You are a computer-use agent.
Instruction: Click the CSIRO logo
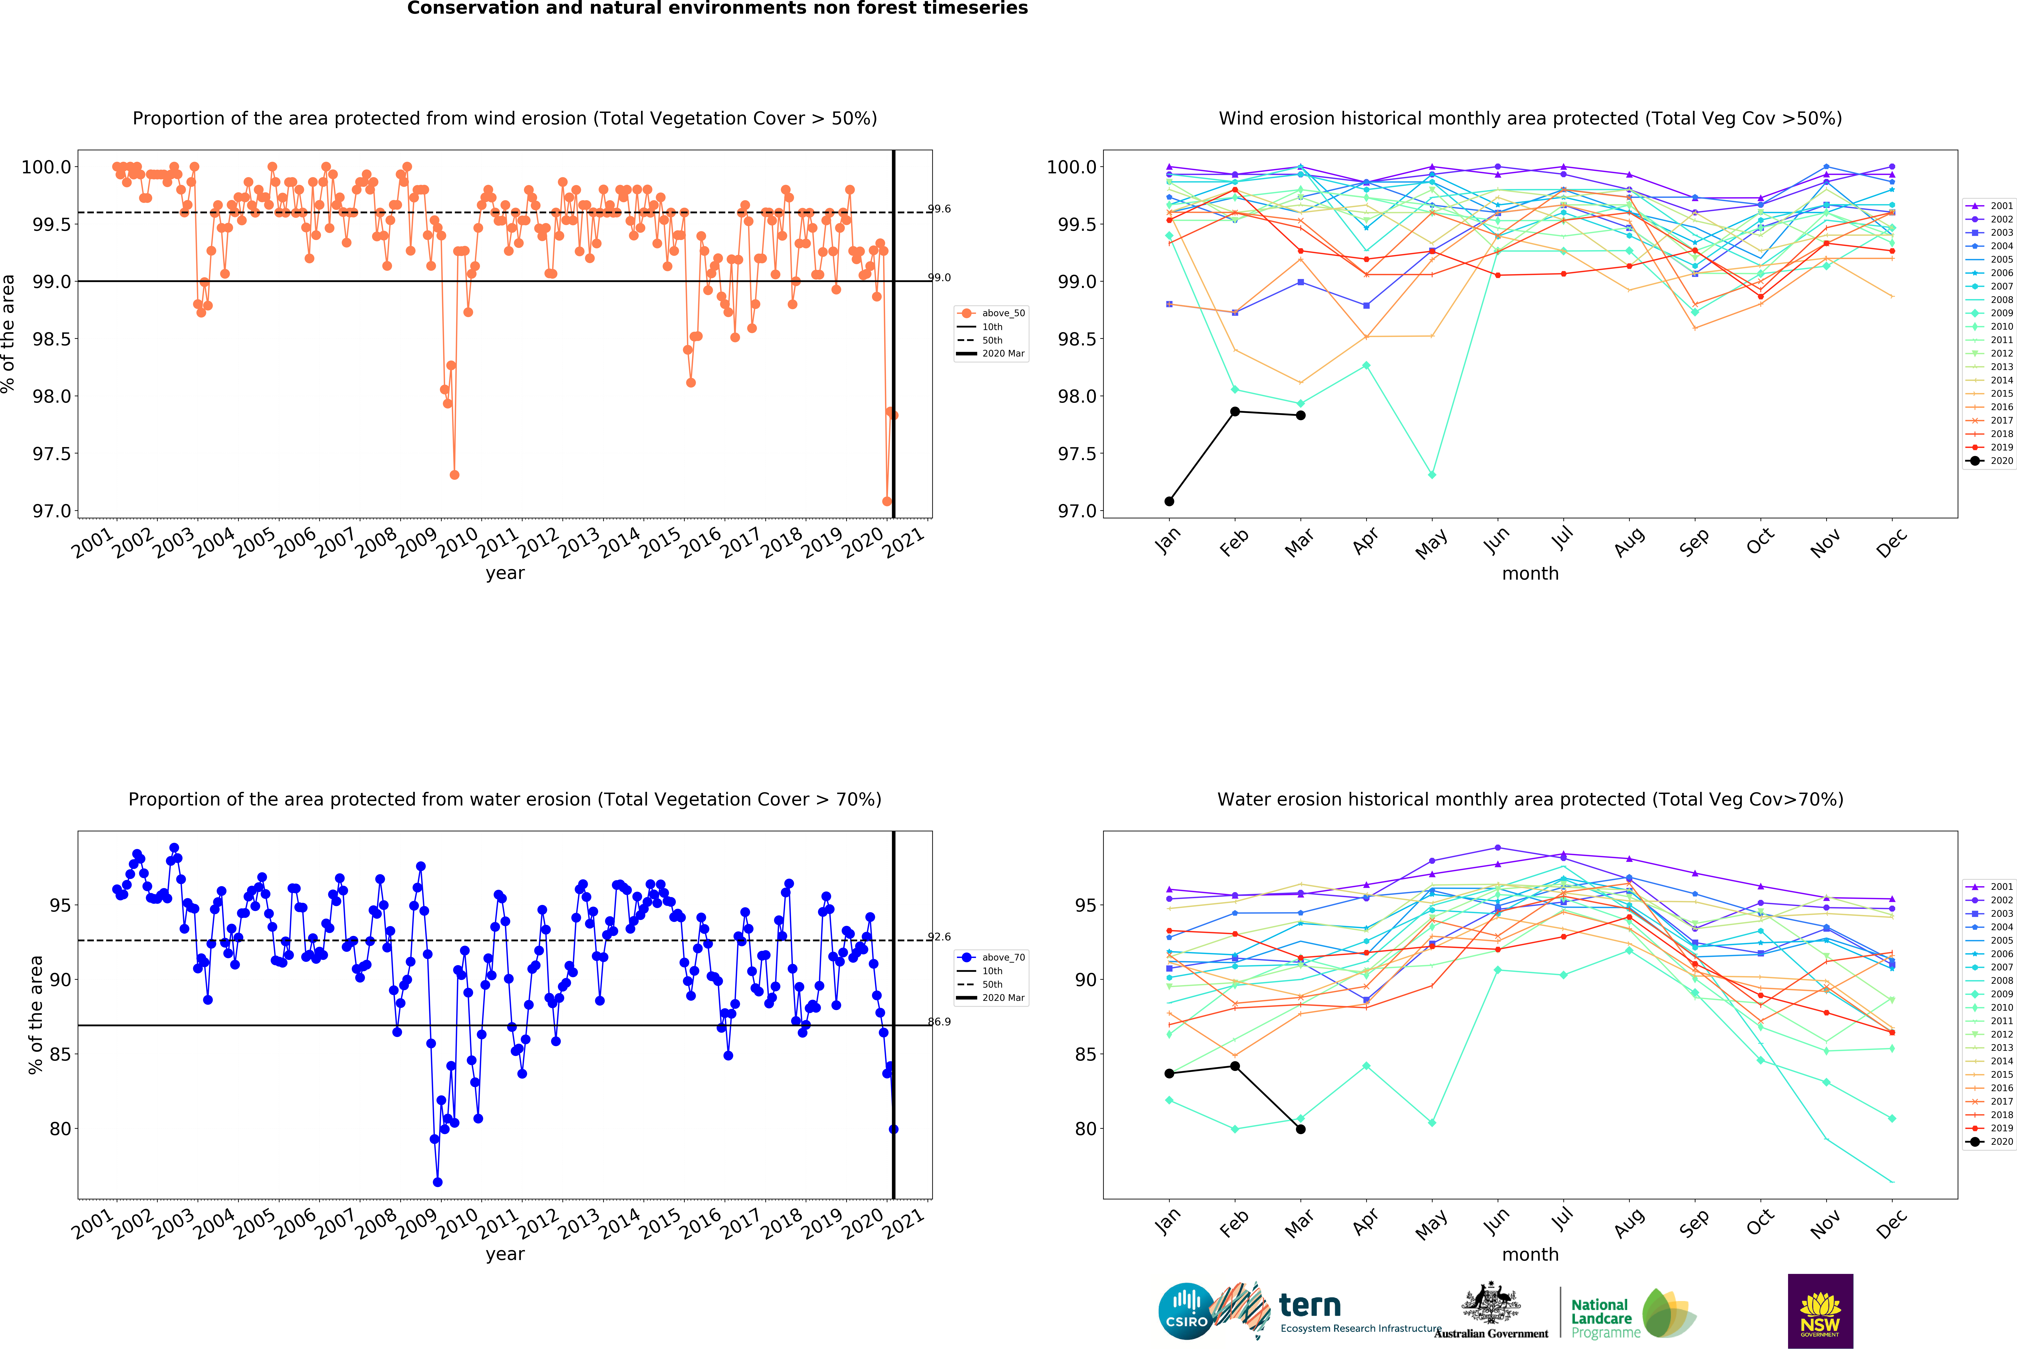(x=1185, y=1311)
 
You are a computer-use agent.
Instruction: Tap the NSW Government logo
(x=1820, y=1311)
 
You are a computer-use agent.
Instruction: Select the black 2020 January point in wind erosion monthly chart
(x=1169, y=501)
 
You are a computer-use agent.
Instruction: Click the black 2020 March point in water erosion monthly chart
(x=1300, y=1129)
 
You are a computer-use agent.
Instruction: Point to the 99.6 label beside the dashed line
(x=939, y=208)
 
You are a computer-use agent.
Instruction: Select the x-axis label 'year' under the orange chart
(x=505, y=573)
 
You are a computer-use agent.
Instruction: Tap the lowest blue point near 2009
(x=437, y=1182)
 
